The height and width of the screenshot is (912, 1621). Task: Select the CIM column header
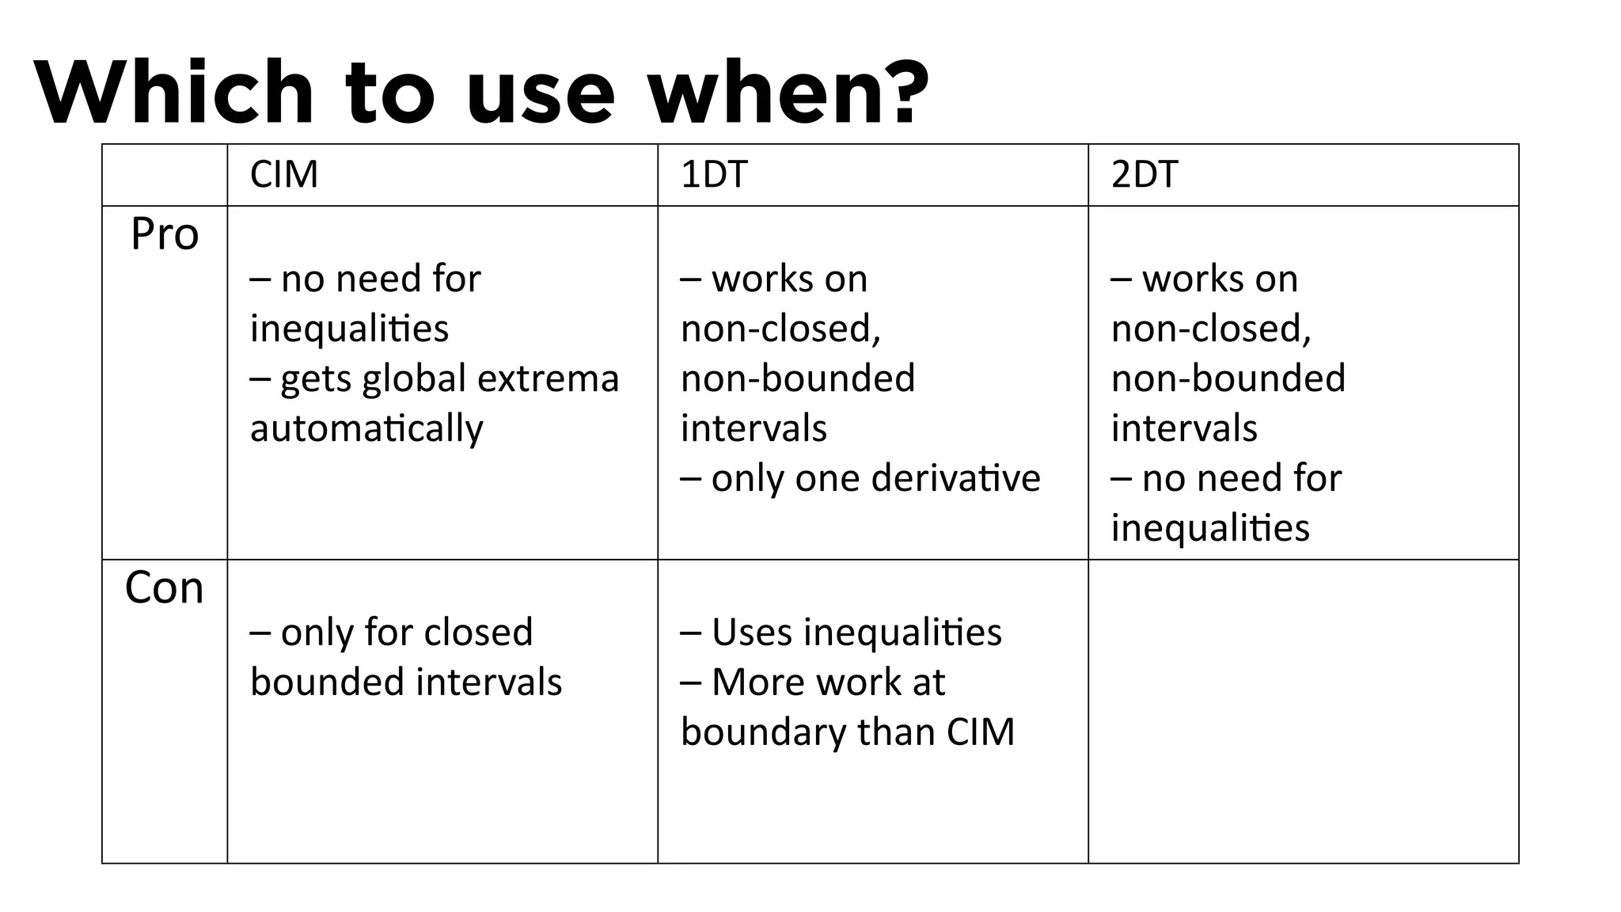pos(284,174)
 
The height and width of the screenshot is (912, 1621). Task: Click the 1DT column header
pos(714,174)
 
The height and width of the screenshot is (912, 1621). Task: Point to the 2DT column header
pos(1145,174)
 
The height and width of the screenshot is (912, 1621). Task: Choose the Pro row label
pos(165,234)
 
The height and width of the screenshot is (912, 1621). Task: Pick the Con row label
pos(165,588)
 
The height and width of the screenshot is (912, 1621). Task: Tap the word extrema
pos(548,378)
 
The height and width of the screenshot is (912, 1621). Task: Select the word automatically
pos(366,428)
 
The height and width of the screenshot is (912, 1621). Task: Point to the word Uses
pos(751,633)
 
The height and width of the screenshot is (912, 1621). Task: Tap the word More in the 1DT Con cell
pos(751,682)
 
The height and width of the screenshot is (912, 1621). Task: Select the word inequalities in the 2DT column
pos(1210,528)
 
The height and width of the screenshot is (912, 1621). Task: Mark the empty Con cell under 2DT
pos(1303,711)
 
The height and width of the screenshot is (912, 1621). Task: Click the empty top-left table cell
pos(165,175)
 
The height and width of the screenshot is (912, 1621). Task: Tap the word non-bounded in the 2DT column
pos(1228,378)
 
